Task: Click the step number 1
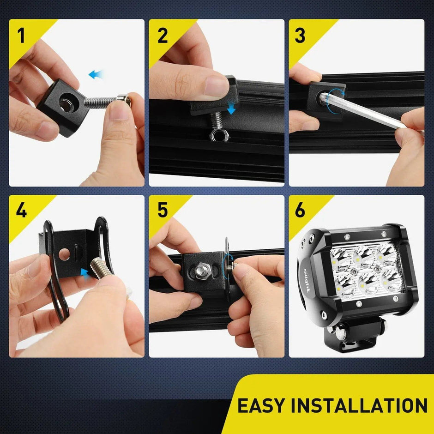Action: coord(21,36)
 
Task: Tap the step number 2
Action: coord(163,36)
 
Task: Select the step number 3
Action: coord(300,36)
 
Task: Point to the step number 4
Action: coord(21,211)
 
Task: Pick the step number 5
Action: coord(163,211)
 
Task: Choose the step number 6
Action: coord(300,211)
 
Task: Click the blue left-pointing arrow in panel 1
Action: coord(96,74)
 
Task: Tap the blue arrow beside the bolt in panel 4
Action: coord(84,272)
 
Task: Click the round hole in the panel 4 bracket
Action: coord(65,253)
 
